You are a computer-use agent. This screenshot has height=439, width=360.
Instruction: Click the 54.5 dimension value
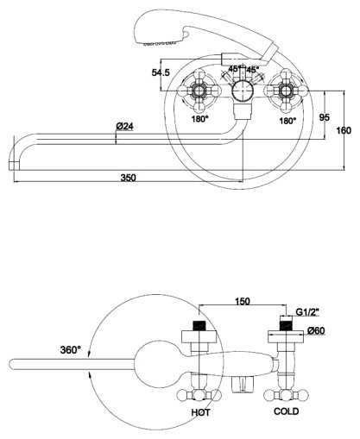coord(161,72)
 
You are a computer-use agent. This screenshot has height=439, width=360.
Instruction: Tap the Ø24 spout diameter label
coord(125,126)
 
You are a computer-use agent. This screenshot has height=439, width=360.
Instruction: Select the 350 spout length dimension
coord(128,178)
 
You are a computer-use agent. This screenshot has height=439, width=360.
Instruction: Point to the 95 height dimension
coord(325,117)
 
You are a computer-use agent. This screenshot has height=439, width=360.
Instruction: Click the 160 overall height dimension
coord(344,130)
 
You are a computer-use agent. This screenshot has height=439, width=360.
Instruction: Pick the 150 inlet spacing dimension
coord(243,301)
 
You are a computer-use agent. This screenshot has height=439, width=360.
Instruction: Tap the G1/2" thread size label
coord(308,312)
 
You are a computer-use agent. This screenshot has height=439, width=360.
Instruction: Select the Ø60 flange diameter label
coord(316,331)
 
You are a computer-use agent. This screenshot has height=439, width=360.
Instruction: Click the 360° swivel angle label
coord(71,350)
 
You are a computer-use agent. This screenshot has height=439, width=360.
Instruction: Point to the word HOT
coord(200,412)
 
